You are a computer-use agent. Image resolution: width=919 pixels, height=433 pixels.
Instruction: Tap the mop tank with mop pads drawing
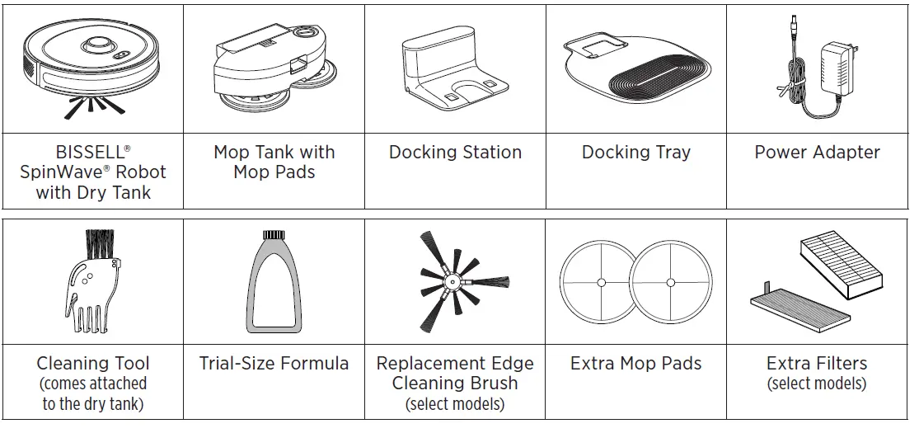click(272, 66)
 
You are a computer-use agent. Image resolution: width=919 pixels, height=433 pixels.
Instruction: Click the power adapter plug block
click(839, 62)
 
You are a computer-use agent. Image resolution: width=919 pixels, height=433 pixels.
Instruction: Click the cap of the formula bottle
click(272, 237)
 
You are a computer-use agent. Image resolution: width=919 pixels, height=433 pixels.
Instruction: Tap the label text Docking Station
click(455, 153)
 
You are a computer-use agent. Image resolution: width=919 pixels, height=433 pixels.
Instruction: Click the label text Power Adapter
click(817, 153)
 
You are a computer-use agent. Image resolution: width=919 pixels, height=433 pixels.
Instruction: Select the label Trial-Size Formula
click(274, 364)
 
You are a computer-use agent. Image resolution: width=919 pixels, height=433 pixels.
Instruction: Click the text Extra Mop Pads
click(635, 364)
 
